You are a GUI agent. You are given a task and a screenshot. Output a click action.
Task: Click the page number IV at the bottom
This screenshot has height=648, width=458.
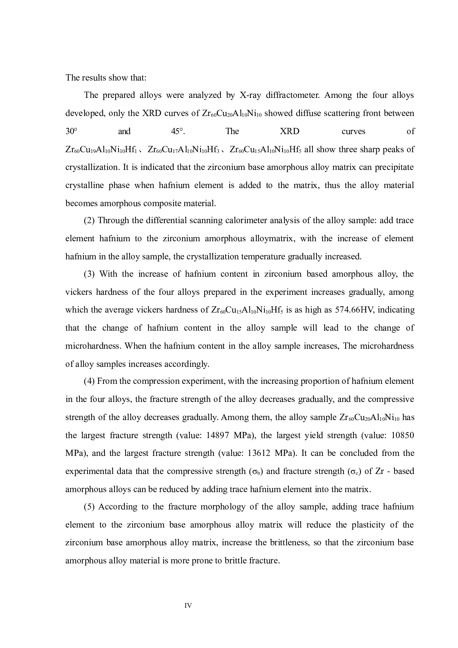[x=188, y=606]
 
